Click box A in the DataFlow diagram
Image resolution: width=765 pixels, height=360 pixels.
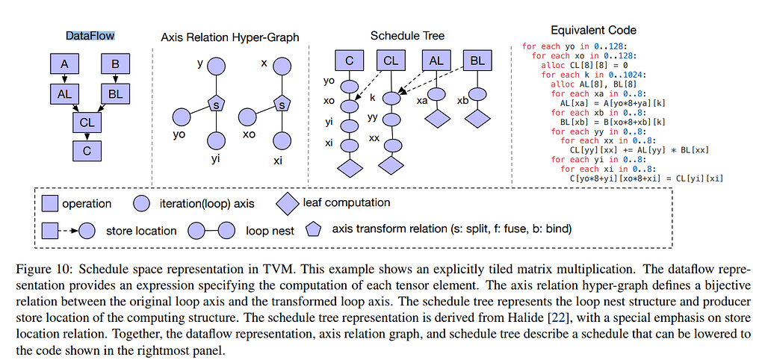[x=64, y=64]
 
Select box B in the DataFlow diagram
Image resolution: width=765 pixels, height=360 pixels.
[x=116, y=64]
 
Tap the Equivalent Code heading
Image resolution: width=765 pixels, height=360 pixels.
[x=594, y=31]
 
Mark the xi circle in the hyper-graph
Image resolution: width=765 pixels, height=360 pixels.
[x=282, y=140]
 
